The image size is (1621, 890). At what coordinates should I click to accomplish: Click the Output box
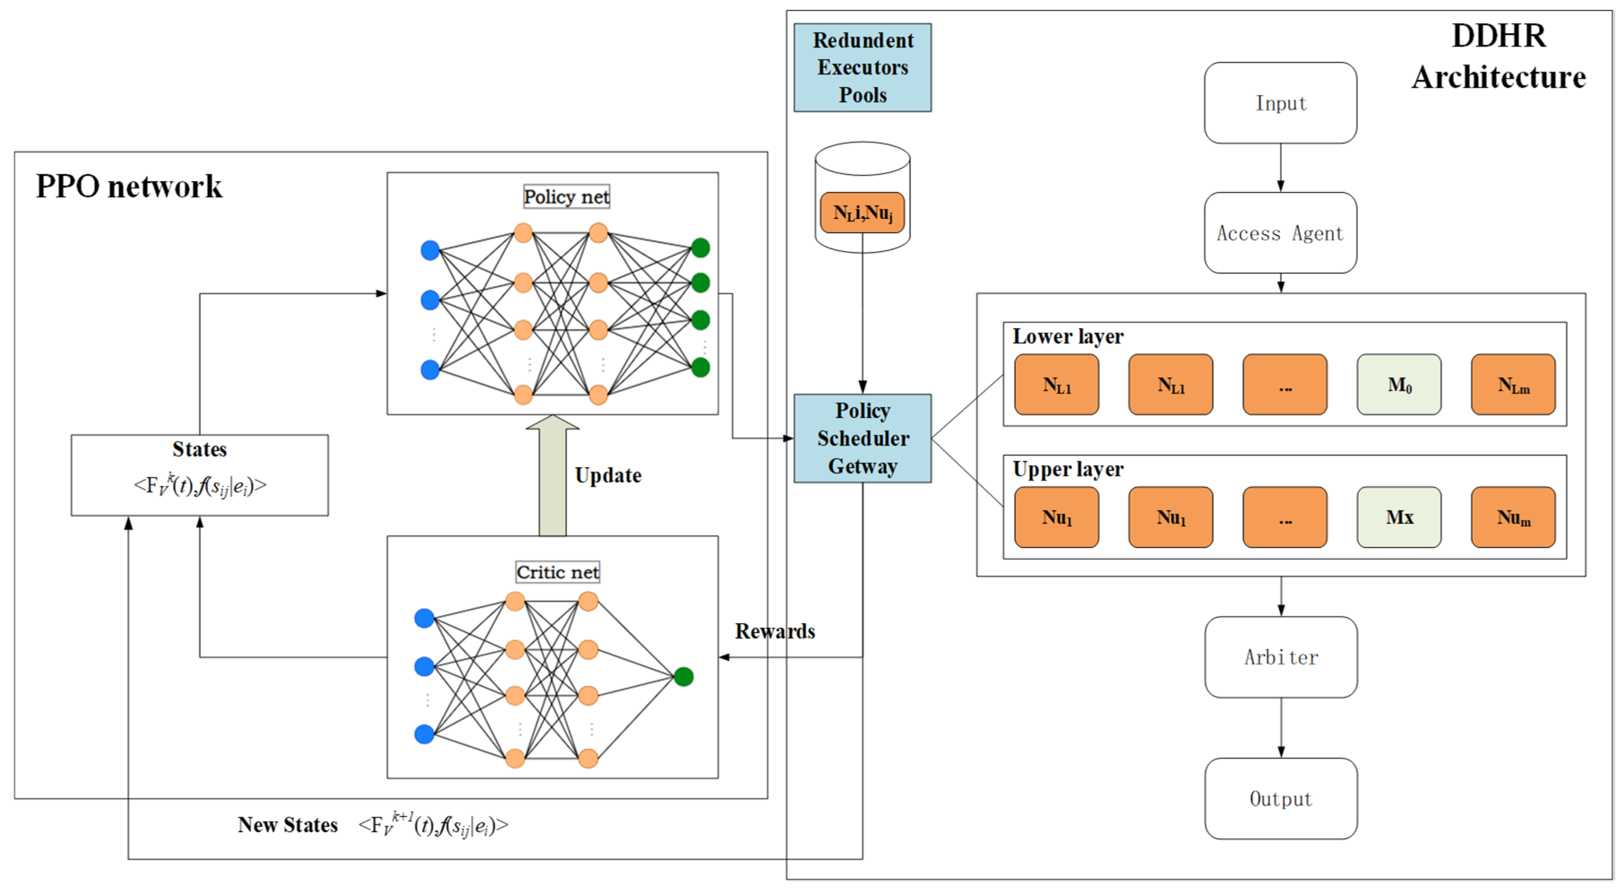pyautogui.click(x=1281, y=798)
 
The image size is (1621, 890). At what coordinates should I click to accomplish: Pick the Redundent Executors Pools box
pyautogui.click(x=862, y=67)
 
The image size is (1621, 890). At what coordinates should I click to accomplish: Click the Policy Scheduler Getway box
pyautogui.click(x=862, y=438)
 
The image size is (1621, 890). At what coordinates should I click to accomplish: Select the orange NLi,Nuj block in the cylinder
pyautogui.click(x=862, y=213)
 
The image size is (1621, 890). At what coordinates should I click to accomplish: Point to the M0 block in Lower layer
pyautogui.click(x=1399, y=384)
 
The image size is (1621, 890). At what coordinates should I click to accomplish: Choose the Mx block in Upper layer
pyautogui.click(x=1399, y=517)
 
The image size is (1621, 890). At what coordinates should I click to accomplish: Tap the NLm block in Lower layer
pyautogui.click(x=1513, y=384)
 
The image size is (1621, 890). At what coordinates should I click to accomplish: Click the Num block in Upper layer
pyautogui.click(x=1513, y=517)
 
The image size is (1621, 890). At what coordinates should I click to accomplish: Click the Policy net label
pyautogui.click(x=566, y=197)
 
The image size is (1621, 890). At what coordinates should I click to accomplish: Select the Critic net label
pyautogui.click(x=557, y=572)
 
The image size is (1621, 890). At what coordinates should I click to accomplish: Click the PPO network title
pyautogui.click(x=129, y=186)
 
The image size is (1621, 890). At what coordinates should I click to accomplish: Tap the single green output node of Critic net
pyautogui.click(x=684, y=676)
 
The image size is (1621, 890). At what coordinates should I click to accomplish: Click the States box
pyautogui.click(x=200, y=475)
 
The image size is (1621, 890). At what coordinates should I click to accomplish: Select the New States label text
pyautogui.click(x=287, y=825)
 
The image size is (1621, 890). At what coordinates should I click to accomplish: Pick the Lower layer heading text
pyautogui.click(x=1067, y=336)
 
